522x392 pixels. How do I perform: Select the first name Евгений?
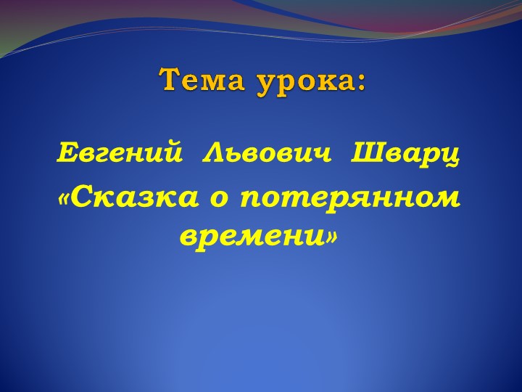point(118,154)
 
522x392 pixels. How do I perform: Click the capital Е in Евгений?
point(65,154)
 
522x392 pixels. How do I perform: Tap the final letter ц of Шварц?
point(452,156)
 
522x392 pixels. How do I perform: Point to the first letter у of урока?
point(263,82)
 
